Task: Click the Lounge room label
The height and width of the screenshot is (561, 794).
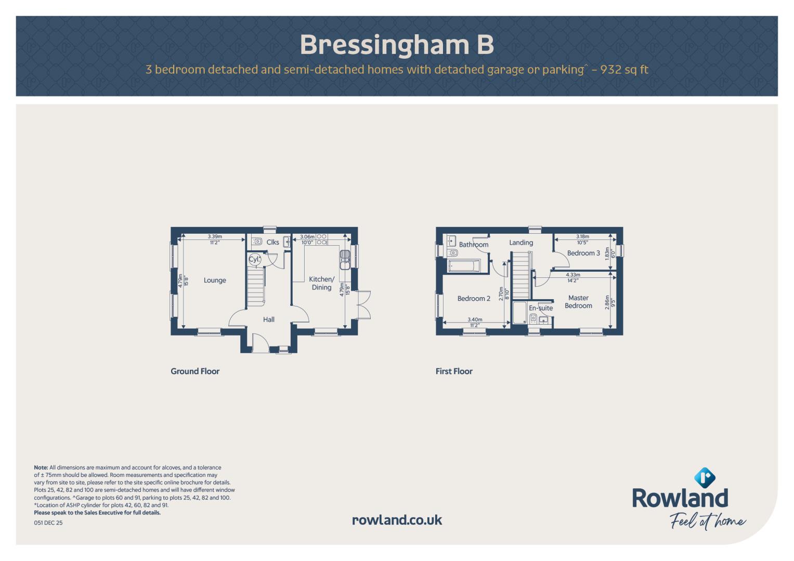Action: pyautogui.click(x=215, y=280)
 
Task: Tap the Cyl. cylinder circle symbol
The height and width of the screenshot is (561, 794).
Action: pyautogui.click(x=254, y=260)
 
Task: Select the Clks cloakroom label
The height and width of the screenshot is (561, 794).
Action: pyautogui.click(x=272, y=242)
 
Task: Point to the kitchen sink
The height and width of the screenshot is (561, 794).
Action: pyautogui.click(x=345, y=260)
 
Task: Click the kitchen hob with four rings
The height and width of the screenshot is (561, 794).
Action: pyautogui.click(x=322, y=239)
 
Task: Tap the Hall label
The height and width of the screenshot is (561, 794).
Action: pyautogui.click(x=269, y=319)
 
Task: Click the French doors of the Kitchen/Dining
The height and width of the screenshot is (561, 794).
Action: pyautogui.click(x=364, y=305)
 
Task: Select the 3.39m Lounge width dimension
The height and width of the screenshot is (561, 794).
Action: pyautogui.click(x=215, y=236)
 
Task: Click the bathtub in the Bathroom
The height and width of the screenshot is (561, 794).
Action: pyautogui.click(x=464, y=266)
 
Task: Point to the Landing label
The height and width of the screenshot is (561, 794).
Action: pyautogui.click(x=521, y=243)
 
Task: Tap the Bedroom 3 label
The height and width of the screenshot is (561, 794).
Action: pyautogui.click(x=583, y=253)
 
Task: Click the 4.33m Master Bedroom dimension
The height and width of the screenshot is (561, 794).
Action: pyautogui.click(x=573, y=275)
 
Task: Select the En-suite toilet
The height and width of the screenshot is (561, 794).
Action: pyautogui.click(x=533, y=319)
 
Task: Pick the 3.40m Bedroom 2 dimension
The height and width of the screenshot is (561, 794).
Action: pyautogui.click(x=475, y=319)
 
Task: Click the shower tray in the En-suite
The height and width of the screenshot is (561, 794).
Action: pyautogui.click(x=519, y=313)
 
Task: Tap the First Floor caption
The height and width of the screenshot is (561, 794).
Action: pyautogui.click(x=454, y=371)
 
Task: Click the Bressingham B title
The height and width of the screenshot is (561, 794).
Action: pyautogui.click(x=397, y=45)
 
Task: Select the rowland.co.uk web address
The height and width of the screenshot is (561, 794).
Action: pyautogui.click(x=397, y=520)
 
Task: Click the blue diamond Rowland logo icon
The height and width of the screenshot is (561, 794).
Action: pyautogui.click(x=705, y=477)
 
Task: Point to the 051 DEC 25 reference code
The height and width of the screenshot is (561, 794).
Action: pyautogui.click(x=48, y=523)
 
